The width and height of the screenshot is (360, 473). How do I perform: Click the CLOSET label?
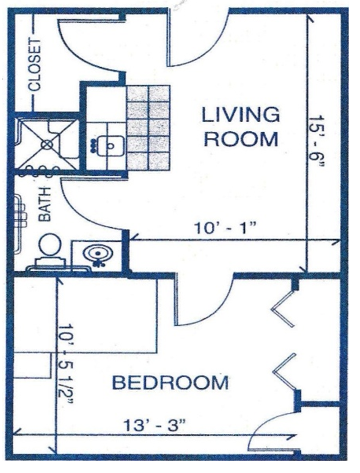[35, 65]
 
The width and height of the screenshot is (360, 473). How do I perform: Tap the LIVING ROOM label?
[241, 127]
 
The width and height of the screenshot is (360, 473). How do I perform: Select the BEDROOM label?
[170, 382]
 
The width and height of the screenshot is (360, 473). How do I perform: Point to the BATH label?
[45, 204]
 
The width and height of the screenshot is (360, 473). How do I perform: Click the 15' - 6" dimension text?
[316, 142]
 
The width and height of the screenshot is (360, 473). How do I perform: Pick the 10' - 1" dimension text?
[225, 229]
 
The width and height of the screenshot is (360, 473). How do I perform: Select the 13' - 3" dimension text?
[154, 425]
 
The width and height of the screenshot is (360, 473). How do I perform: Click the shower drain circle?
[47, 145]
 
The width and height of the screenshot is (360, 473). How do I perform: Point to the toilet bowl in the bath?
[50, 245]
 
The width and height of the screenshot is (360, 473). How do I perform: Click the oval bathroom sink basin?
[96, 254]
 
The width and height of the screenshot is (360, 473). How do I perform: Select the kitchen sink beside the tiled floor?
[111, 146]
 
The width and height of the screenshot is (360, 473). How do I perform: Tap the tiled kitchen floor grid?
[148, 128]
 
